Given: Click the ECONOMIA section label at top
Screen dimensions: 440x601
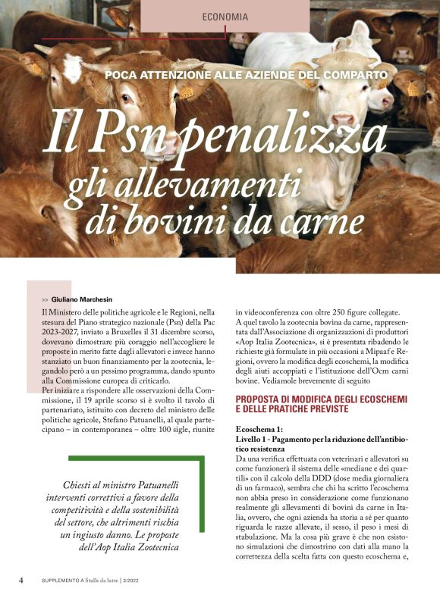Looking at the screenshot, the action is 225,17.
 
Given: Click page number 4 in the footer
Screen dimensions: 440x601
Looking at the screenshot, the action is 21,580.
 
